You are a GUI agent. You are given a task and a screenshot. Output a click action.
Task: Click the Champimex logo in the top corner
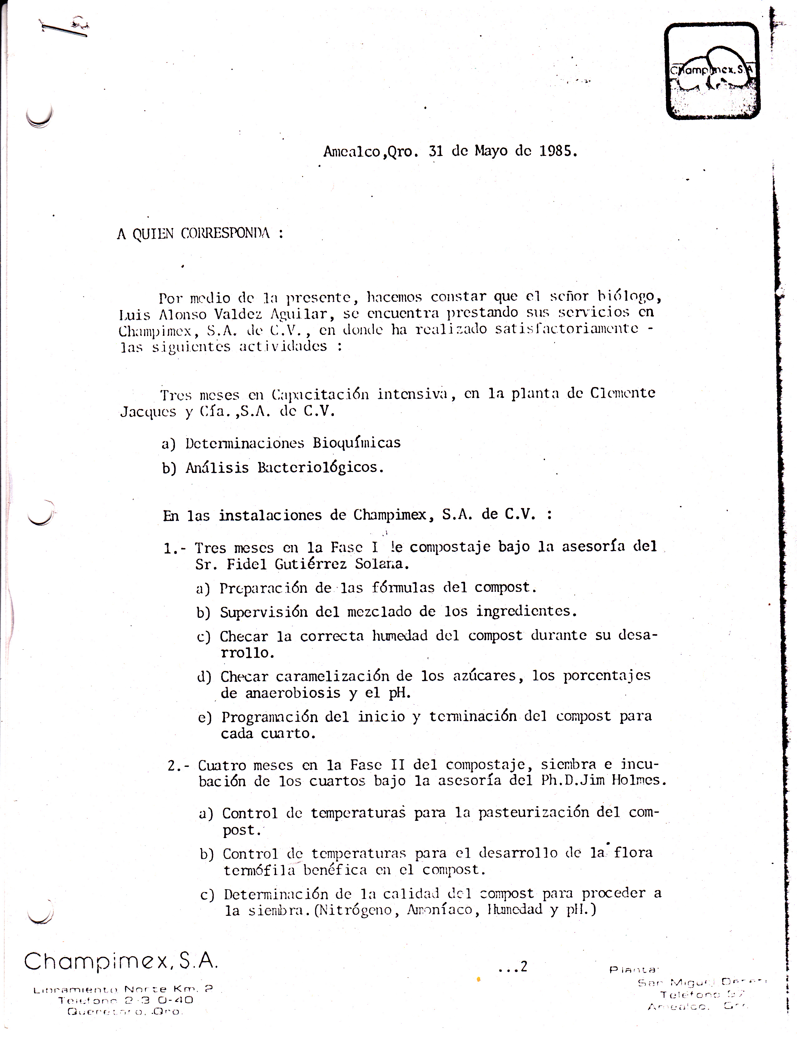click(712, 71)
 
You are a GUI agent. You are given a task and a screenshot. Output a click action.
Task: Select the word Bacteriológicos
click(320, 467)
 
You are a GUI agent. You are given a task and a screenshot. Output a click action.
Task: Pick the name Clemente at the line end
click(622, 393)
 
